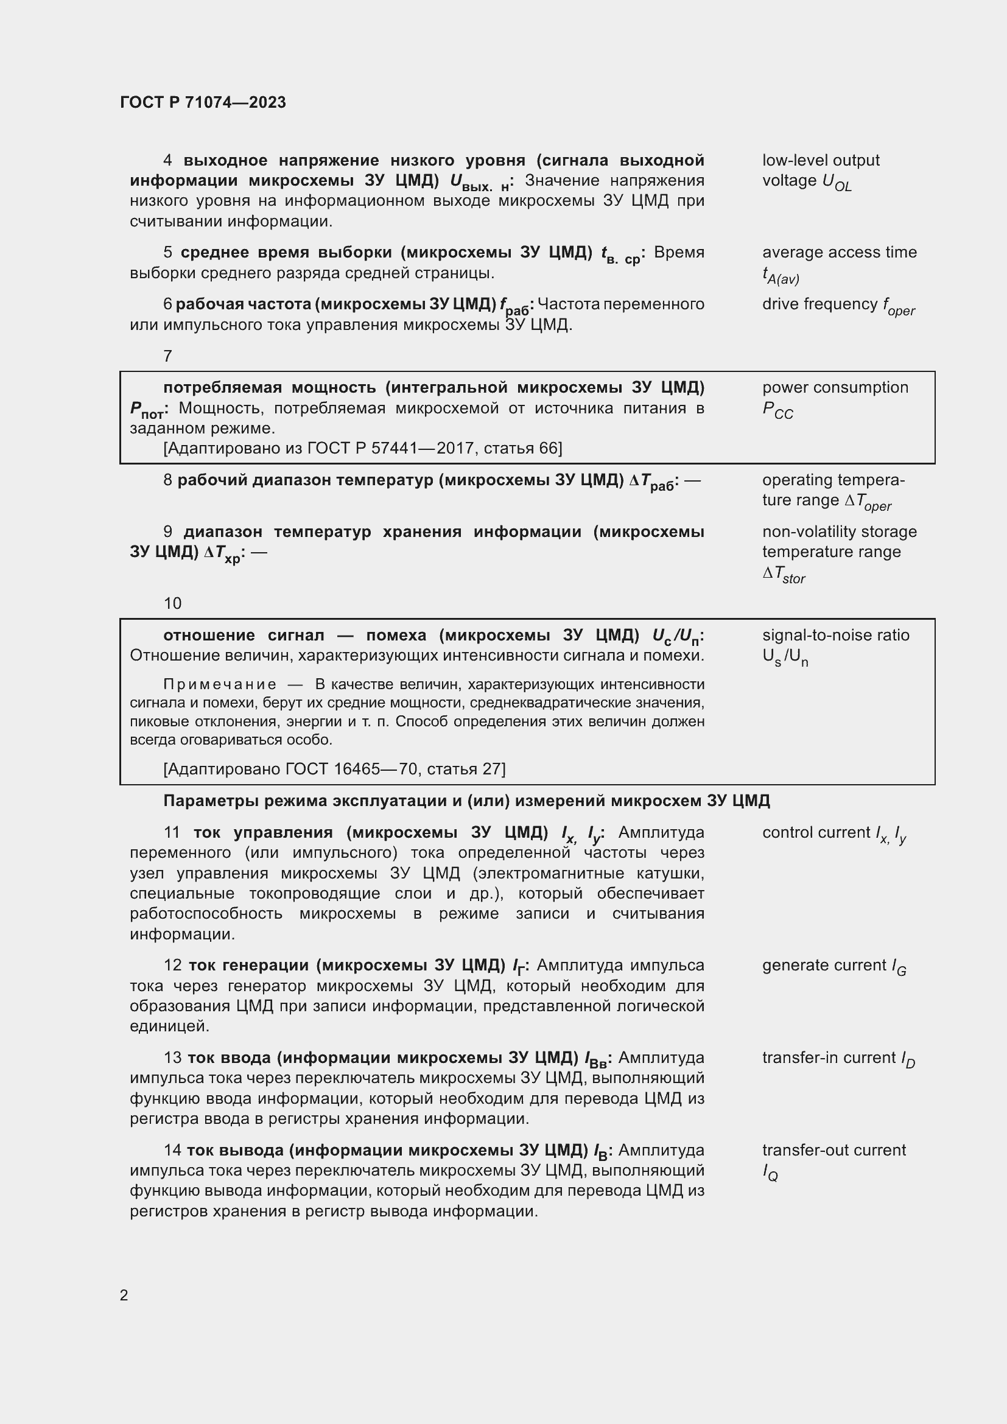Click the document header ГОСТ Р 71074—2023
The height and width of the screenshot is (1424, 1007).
click(x=203, y=102)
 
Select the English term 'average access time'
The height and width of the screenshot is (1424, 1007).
click(x=839, y=253)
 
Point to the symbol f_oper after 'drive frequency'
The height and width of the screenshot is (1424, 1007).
click(x=899, y=306)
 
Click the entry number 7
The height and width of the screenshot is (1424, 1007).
click(x=167, y=356)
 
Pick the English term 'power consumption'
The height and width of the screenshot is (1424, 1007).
click(x=835, y=388)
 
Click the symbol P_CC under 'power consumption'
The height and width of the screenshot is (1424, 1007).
click(x=777, y=410)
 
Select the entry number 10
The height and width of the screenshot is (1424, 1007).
click(x=172, y=603)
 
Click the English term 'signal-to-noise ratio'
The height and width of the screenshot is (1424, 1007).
click(x=835, y=635)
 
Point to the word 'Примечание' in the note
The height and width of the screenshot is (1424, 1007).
click(x=220, y=685)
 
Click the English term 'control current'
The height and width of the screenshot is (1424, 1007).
click(x=816, y=832)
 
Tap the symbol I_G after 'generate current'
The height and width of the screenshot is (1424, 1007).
click(x=899, y=967)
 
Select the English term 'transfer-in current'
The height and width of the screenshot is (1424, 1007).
click(x=829, y=1057)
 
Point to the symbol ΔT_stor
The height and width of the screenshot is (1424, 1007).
click(x=784, y=575)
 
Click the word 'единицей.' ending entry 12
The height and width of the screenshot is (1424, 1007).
click(x=169, y=1026)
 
